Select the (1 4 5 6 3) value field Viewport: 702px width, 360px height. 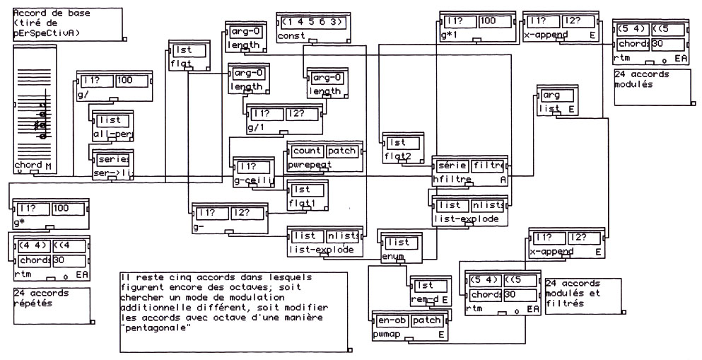310,22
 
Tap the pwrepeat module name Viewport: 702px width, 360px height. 308,165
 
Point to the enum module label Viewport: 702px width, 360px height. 392,255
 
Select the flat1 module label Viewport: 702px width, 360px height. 304,204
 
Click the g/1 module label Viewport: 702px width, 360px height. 255,127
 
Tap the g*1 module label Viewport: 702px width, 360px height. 450,35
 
